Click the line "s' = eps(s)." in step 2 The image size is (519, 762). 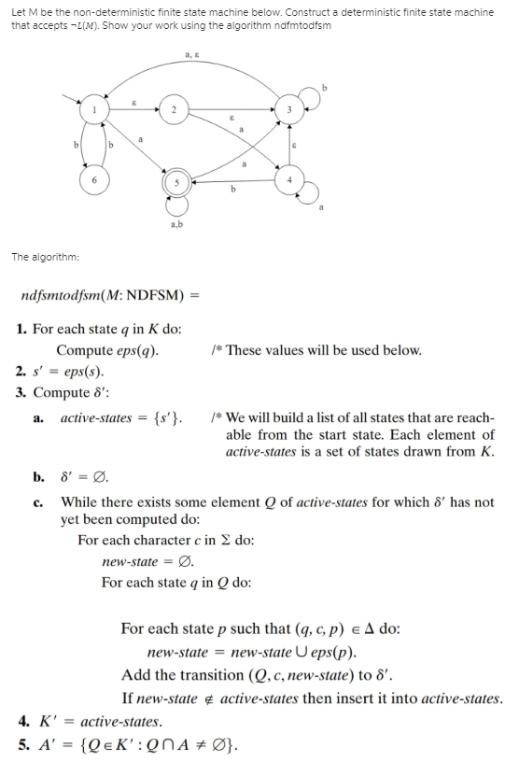(x=66, y=371)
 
